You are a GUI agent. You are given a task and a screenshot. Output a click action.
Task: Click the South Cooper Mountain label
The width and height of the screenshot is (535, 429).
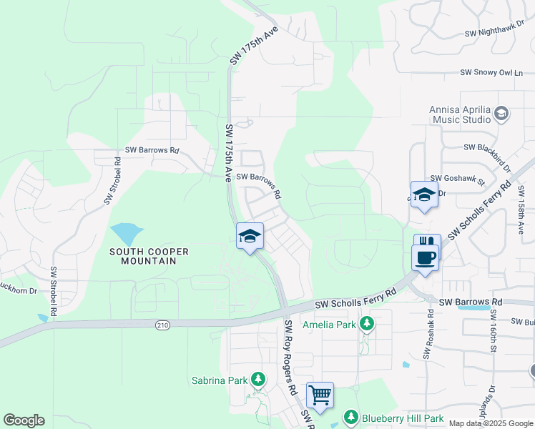(x=149, y=256)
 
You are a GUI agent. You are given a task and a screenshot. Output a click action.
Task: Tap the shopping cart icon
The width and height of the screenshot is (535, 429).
(x=320, y=395)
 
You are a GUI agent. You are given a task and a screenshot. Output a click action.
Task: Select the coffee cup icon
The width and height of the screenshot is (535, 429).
(x=425, y=257)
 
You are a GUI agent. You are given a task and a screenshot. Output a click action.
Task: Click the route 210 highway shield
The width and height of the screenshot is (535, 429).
(x=162, y=325)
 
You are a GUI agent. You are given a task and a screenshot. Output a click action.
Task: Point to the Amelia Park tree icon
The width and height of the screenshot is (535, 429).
(x=367, y=325)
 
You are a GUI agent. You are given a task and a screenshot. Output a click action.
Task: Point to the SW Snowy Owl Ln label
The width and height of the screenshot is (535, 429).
(x=491, y=73)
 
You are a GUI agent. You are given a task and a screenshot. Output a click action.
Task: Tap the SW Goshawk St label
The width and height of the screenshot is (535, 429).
(x=458, y=179)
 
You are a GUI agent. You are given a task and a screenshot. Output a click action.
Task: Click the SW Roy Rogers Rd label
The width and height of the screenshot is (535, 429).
(x=290, y=358)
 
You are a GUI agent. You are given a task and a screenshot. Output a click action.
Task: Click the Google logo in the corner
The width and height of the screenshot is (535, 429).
(x=24, y=420)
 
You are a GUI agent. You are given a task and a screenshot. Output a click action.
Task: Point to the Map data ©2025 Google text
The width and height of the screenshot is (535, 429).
(x=491, y=423)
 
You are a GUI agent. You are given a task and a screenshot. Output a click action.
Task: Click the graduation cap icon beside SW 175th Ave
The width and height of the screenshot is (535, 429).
(x=250, y=237)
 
